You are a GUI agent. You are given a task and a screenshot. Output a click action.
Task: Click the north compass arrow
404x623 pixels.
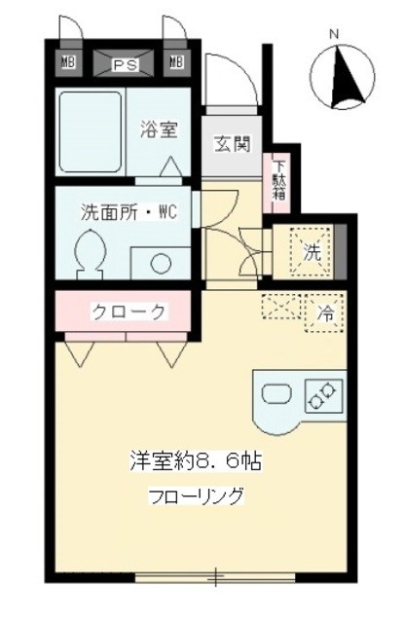(x=342, y=79)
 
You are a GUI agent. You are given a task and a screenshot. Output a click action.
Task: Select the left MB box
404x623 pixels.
(x=68, y=64)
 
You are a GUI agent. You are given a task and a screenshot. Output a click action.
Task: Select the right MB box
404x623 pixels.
(x=176, y=64)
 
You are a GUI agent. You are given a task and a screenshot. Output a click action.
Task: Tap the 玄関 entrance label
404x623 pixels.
(x=232, y=145)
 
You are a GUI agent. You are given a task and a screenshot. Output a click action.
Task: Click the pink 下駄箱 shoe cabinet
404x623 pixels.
(x=279, y=180)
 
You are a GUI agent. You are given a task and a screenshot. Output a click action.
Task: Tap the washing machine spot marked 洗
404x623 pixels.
(x=312, y=250)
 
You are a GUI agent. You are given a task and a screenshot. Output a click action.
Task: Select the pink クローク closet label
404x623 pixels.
(x=128, y=311)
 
